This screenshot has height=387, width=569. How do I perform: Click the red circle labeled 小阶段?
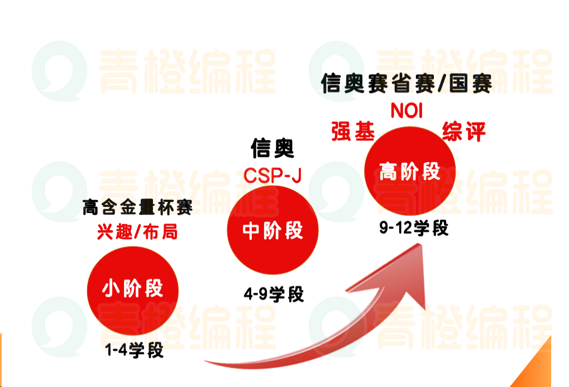132,288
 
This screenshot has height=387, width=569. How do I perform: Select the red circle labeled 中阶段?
273,230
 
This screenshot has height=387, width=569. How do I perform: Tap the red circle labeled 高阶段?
409,171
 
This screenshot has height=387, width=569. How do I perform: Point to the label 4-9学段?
274,294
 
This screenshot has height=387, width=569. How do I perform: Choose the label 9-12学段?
413,229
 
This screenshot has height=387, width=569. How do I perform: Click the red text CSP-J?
272,176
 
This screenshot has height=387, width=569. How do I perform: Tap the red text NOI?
407,110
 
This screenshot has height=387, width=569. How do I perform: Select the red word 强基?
352,132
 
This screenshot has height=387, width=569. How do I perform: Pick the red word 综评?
463,132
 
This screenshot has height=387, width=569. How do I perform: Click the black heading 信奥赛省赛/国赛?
407,84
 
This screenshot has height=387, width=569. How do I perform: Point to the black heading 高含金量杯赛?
137,208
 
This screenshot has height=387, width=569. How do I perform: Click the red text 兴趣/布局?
137,231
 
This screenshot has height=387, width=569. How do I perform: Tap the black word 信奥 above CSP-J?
272,149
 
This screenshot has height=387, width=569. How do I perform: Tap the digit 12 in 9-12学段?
405,229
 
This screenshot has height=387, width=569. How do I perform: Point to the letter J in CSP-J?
296,176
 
